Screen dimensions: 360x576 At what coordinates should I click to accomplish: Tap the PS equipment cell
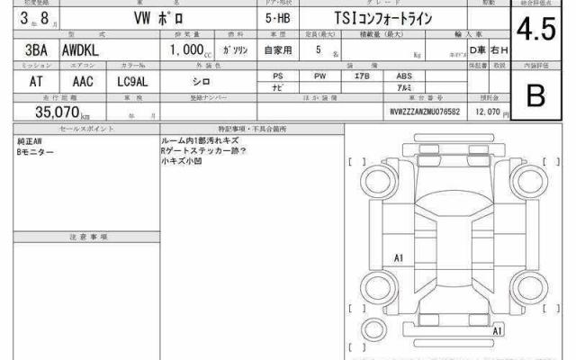[278, 76]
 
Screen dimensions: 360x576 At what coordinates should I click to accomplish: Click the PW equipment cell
[319, 76]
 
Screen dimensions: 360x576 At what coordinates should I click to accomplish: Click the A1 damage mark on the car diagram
[399, 258]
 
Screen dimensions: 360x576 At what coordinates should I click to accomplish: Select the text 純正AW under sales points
[29, 142]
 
